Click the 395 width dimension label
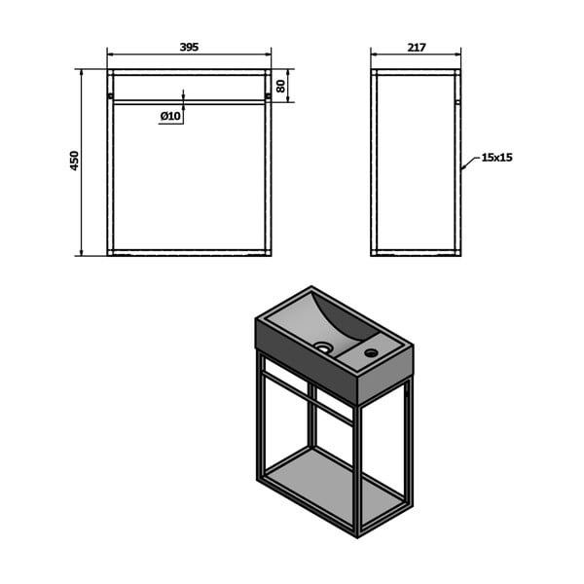coord(189,47)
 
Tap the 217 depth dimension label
coord(417,48)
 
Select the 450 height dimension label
coord(75,161)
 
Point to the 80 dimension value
coord(281,86)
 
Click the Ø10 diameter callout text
coord(170,116)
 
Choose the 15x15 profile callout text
coord(496,157)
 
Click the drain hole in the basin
coord(323,347)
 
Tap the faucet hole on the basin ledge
coord(372,352)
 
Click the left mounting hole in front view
coord(110,96)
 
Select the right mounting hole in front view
coord(269,96)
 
